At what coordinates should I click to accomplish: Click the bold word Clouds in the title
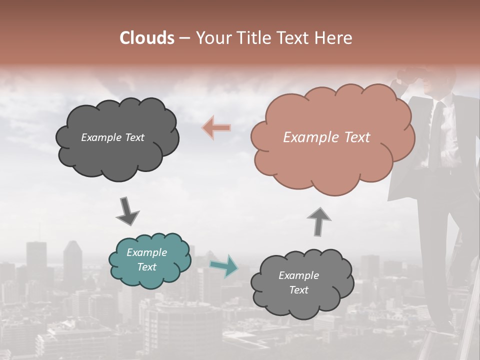pos(147,38)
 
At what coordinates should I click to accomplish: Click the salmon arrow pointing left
pos(216,128)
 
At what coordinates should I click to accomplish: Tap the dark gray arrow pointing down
pos(127,211)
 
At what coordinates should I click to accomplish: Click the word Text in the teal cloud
pos(146,267)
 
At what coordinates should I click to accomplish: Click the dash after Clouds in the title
pos(184,38)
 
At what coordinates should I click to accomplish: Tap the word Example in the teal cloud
pos(146,252)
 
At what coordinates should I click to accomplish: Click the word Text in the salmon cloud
pos(357,137)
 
